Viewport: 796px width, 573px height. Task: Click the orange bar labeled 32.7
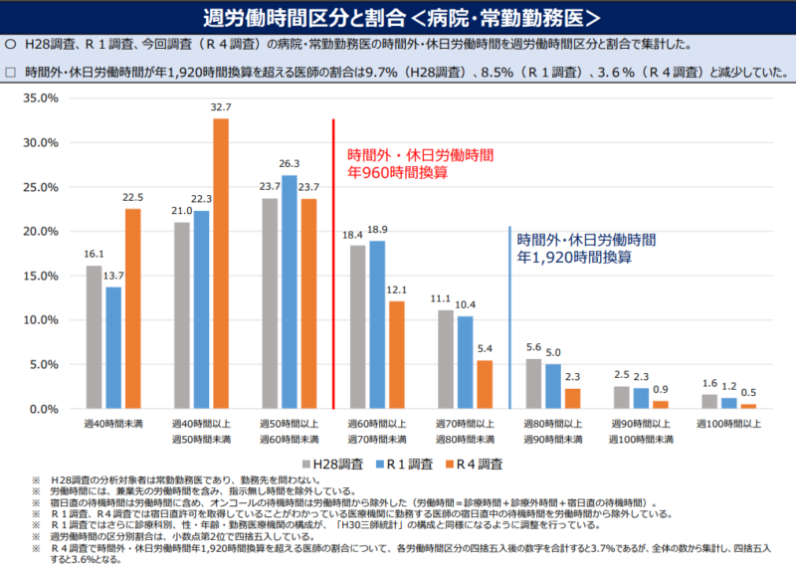click(x=221, y=264)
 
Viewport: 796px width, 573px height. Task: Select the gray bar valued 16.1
click(x=94, y=337)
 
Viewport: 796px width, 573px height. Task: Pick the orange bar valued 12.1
click(x=396, y=354)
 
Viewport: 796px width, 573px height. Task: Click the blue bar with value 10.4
click(x=466, y=362)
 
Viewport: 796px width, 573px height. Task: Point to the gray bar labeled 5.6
click(x=533, y=384)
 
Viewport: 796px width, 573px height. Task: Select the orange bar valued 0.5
click(x=748, y=406)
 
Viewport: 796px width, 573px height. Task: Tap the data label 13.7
click(x=113, y=276)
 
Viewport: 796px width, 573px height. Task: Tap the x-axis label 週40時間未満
click(x=112, y=425)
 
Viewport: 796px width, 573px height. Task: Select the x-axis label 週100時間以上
click(x=728, y=425)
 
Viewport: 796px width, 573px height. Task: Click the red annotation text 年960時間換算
click(x=396, y=173)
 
